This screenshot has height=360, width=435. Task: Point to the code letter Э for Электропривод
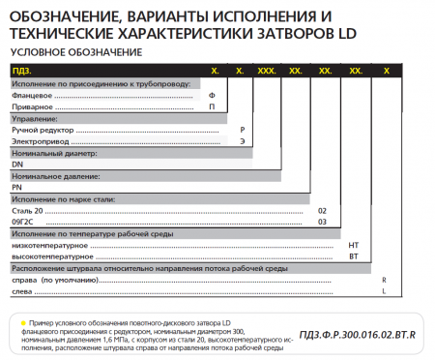[242, 141]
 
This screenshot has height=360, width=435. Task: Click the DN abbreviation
[16, 164]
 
